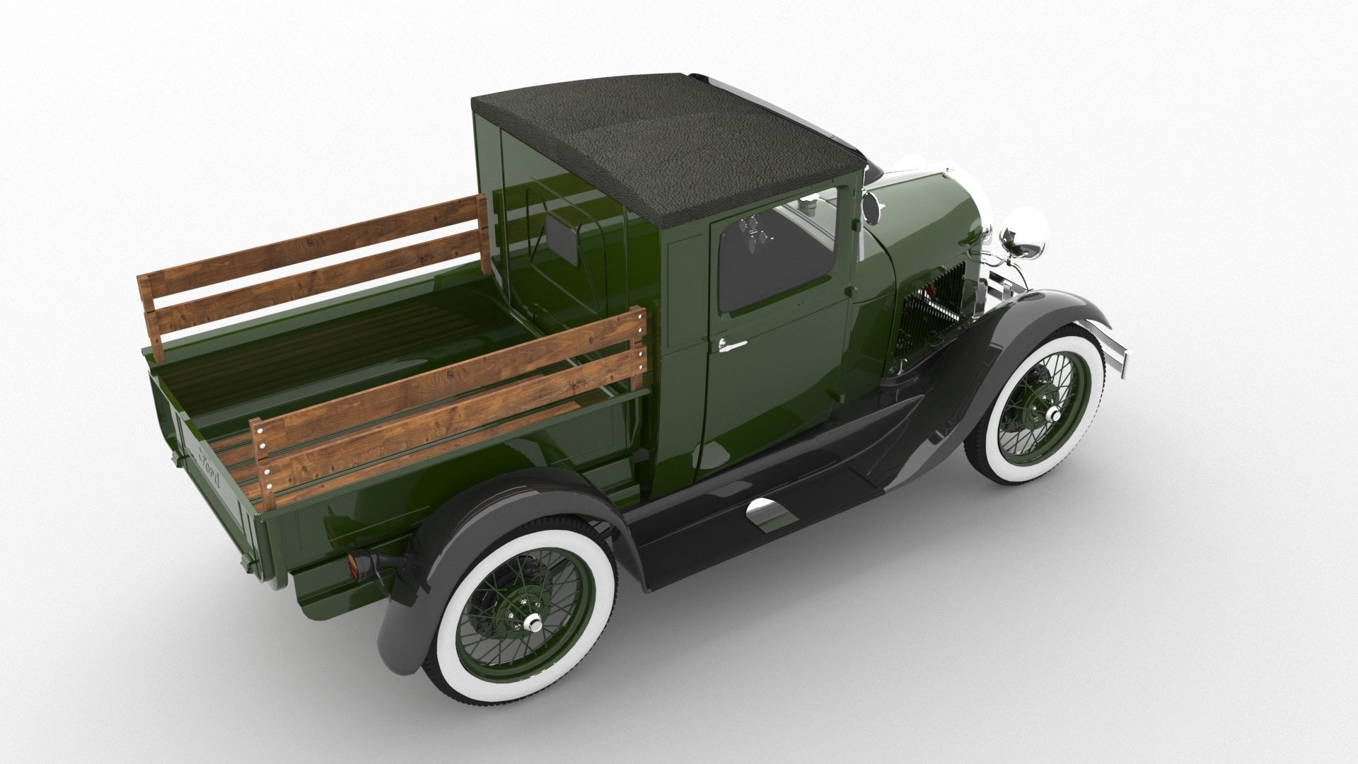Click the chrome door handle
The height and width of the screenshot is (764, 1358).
731,345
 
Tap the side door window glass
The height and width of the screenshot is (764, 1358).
774,262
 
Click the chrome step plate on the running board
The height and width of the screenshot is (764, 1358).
771,513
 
